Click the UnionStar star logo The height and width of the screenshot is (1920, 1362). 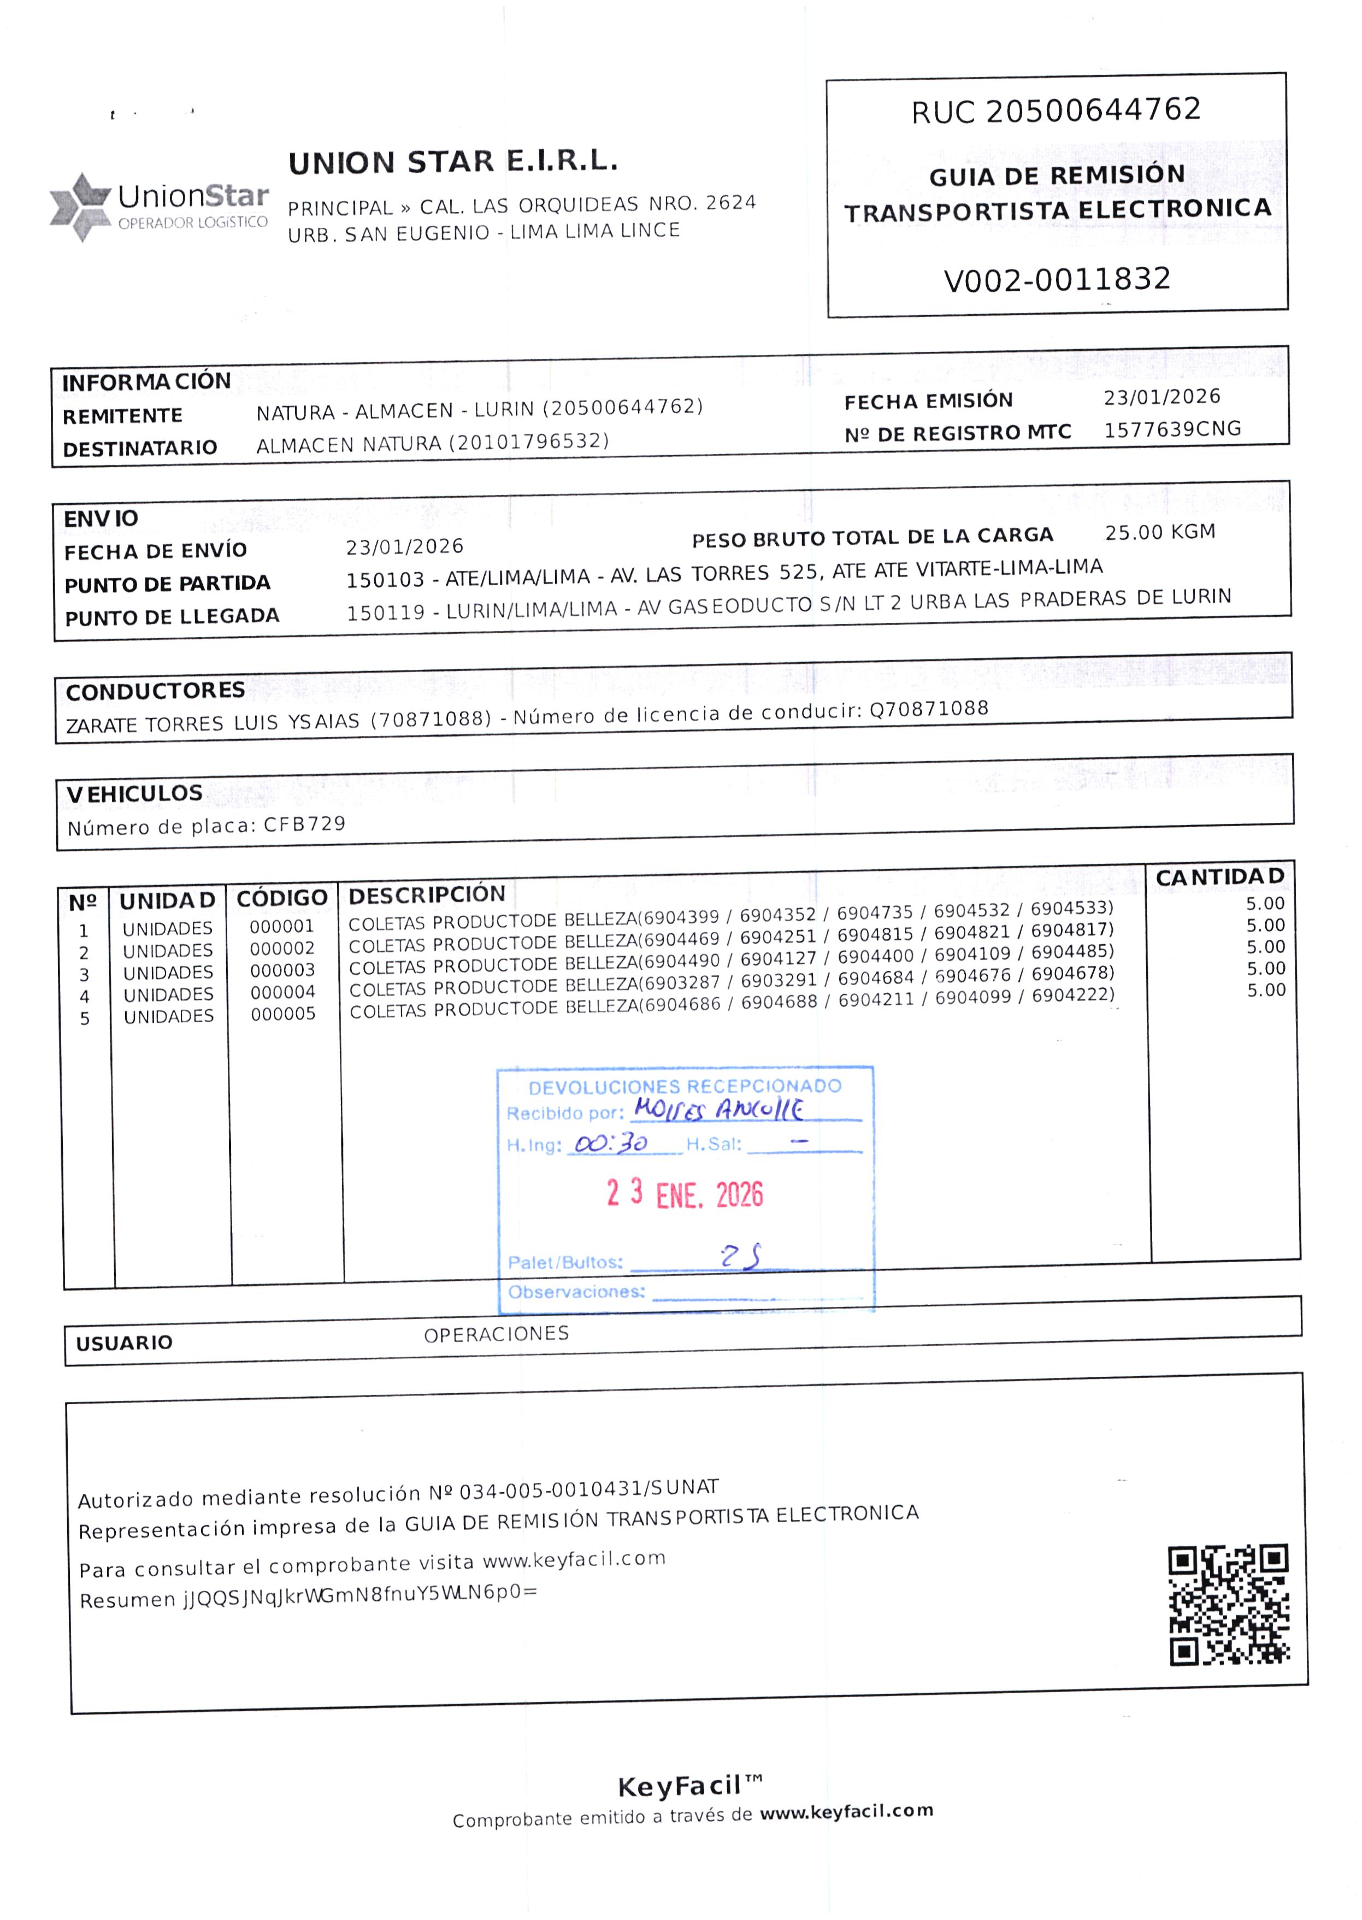pyautogui.click(x=80, y=207)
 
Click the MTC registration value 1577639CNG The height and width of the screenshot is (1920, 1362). pyautogui.click(x=1172, y=429)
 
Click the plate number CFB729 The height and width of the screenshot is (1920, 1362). pyautogui.click(x=304, y=824)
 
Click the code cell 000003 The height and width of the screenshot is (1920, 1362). pyautogui.click(x=282, y=970)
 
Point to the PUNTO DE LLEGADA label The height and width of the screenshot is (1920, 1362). pyautogui.click(x=172, y=617)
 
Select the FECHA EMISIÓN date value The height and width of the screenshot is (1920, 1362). pyautogui.click(x=1161, y=397)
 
